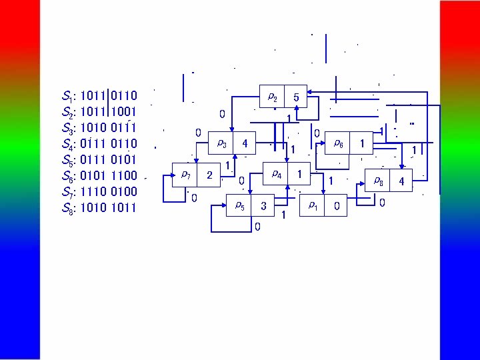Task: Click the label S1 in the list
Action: tap(67, 96)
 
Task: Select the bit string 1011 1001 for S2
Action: tap(108, 112)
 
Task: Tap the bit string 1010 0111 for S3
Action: tap(108, 128)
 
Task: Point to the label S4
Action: tap(67, 144)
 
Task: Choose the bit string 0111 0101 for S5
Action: tap(108, 160)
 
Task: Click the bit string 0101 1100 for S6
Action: tap(108, 176)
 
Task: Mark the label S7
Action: tap(67, 192)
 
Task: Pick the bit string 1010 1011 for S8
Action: tap(108, 208)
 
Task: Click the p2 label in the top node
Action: tap(273, 97)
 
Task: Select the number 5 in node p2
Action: tap(297, 98)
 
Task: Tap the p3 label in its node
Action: tap(222, 143)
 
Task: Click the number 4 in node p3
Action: tap(245, 143)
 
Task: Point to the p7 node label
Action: tap(186, 175)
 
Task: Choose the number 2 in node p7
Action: tap(209, 175)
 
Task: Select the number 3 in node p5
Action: tap(263, 207)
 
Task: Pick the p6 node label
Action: tap(339, 143)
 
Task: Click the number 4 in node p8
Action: tap(401, 181)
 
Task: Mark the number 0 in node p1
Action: tap(337, 207)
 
